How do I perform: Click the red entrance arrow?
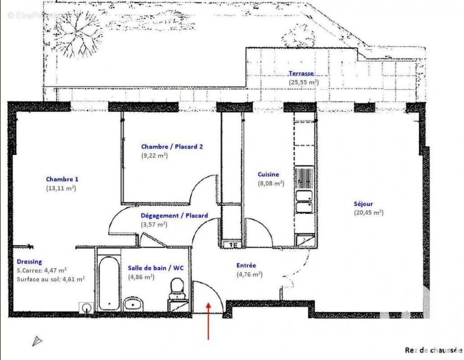pyautogui.click(x=208, y=321)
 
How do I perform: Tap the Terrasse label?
pyautogui.click(x=301, y=73)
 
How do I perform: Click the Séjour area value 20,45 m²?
pyautogui.click(x=368, y=212)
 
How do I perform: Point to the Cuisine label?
pyautogui.click(x=268, y=174)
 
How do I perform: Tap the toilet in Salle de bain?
pyautogui.click(x=177, y=288)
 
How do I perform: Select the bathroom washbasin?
pyautogui.click(x=133, y=305)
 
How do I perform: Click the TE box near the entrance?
pyautogui.click(x=233, y=245)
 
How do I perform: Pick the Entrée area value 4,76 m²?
pyautogui.click(x=250, y=274)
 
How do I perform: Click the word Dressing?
pyautogui.click(x=29, y=261)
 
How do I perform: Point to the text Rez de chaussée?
pyautogui.click(x=433, y=350)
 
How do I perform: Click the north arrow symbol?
pyautogui.click(x=37, y=341)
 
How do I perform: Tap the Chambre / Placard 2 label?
pyautogui.click(x=169, y=147)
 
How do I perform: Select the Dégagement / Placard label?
pyautogui.click(x=174, y=216)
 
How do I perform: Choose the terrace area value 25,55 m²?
pyautogui.click(x=304, y=82)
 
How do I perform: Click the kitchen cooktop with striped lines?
pyautogui.click(x=305, y=178)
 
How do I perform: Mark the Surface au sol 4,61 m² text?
pyautogui.click(x=50, y=279)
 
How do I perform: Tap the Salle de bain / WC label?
pyautogui.click(x=159, y=267)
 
